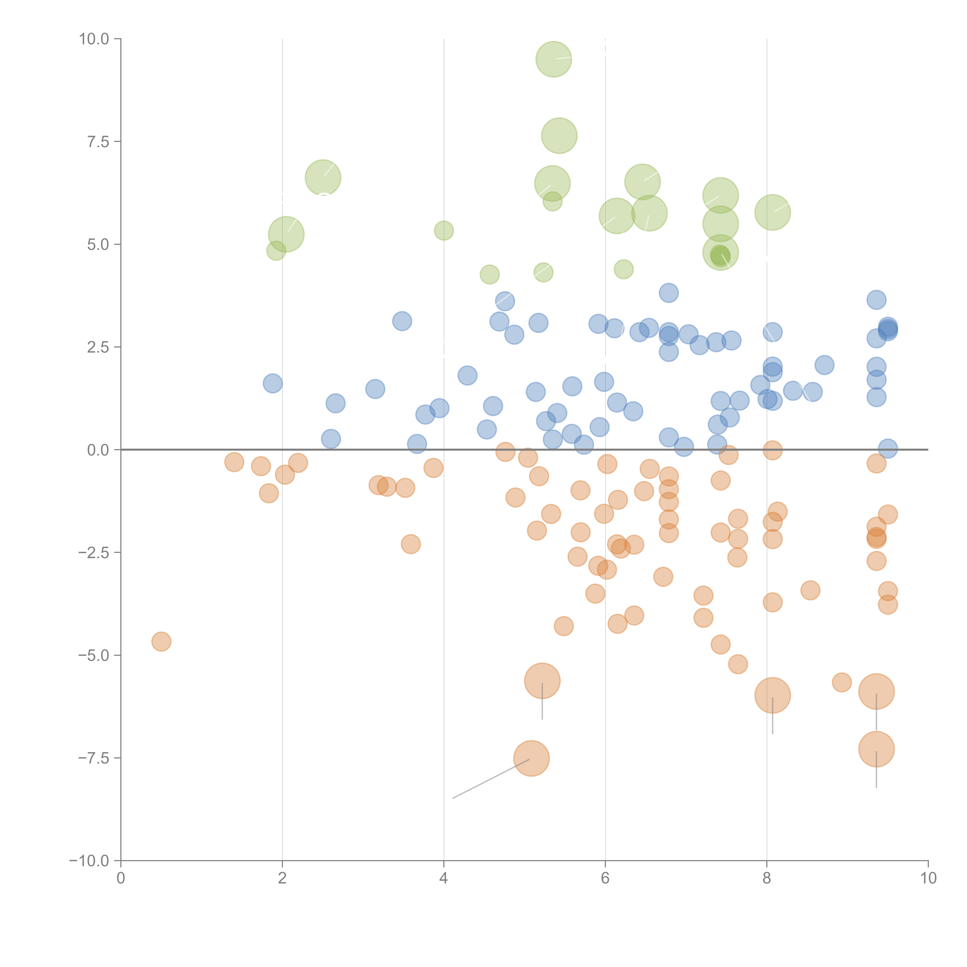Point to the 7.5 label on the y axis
[x=98, y=142]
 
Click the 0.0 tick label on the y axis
[x=98, y=450]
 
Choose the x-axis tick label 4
[x=443, y=878]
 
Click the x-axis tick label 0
[x=121, y=878]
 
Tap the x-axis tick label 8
[x=766, y=878]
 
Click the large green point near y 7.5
[x=559, y=136]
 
